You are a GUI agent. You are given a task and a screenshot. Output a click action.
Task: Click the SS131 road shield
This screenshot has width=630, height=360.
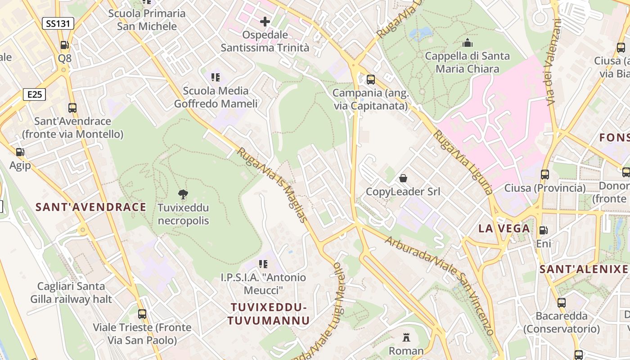click(58, 23)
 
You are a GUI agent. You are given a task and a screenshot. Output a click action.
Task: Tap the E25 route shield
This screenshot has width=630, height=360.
click(34, 94)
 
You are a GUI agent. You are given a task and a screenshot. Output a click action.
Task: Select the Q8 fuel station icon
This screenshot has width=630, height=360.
click(65, 45)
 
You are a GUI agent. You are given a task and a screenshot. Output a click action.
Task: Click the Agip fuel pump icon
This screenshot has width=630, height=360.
click(20, 152)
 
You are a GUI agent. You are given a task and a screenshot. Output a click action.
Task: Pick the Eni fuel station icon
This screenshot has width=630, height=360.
click(544, 230)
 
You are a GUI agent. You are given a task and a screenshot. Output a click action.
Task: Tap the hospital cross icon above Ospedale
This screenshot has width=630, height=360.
click(265, 21)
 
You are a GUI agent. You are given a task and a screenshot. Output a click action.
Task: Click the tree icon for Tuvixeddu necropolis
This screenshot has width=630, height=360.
click(183, 194)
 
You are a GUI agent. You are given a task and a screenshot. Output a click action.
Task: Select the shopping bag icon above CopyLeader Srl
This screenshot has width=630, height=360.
click(403, 178)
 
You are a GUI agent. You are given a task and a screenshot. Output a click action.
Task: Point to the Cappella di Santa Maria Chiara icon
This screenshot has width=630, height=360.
click(468, 43)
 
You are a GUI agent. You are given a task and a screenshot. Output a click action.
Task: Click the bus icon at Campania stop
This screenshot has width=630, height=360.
click(371, 80)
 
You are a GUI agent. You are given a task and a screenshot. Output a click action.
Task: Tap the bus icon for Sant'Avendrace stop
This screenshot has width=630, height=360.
click(72, 108)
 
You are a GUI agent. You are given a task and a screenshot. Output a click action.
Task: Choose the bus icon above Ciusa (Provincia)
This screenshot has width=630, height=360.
click(545, 174)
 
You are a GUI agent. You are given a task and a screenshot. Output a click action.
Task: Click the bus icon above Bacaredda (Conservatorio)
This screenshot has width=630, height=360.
click(562, 302)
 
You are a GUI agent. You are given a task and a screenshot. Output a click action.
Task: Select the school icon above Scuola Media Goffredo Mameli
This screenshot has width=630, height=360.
click(216, 77)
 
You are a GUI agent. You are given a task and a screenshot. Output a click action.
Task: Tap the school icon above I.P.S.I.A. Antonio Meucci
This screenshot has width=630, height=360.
click(263, 264)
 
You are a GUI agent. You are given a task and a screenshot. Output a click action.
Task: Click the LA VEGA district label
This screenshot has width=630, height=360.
click(504, 228)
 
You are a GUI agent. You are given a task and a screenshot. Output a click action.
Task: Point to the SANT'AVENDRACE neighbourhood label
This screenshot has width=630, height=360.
click(91, 207)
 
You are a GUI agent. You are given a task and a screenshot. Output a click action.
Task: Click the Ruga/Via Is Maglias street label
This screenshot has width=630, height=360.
click(273, 185)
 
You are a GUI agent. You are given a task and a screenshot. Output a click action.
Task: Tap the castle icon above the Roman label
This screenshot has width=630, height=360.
click(406, 337)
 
